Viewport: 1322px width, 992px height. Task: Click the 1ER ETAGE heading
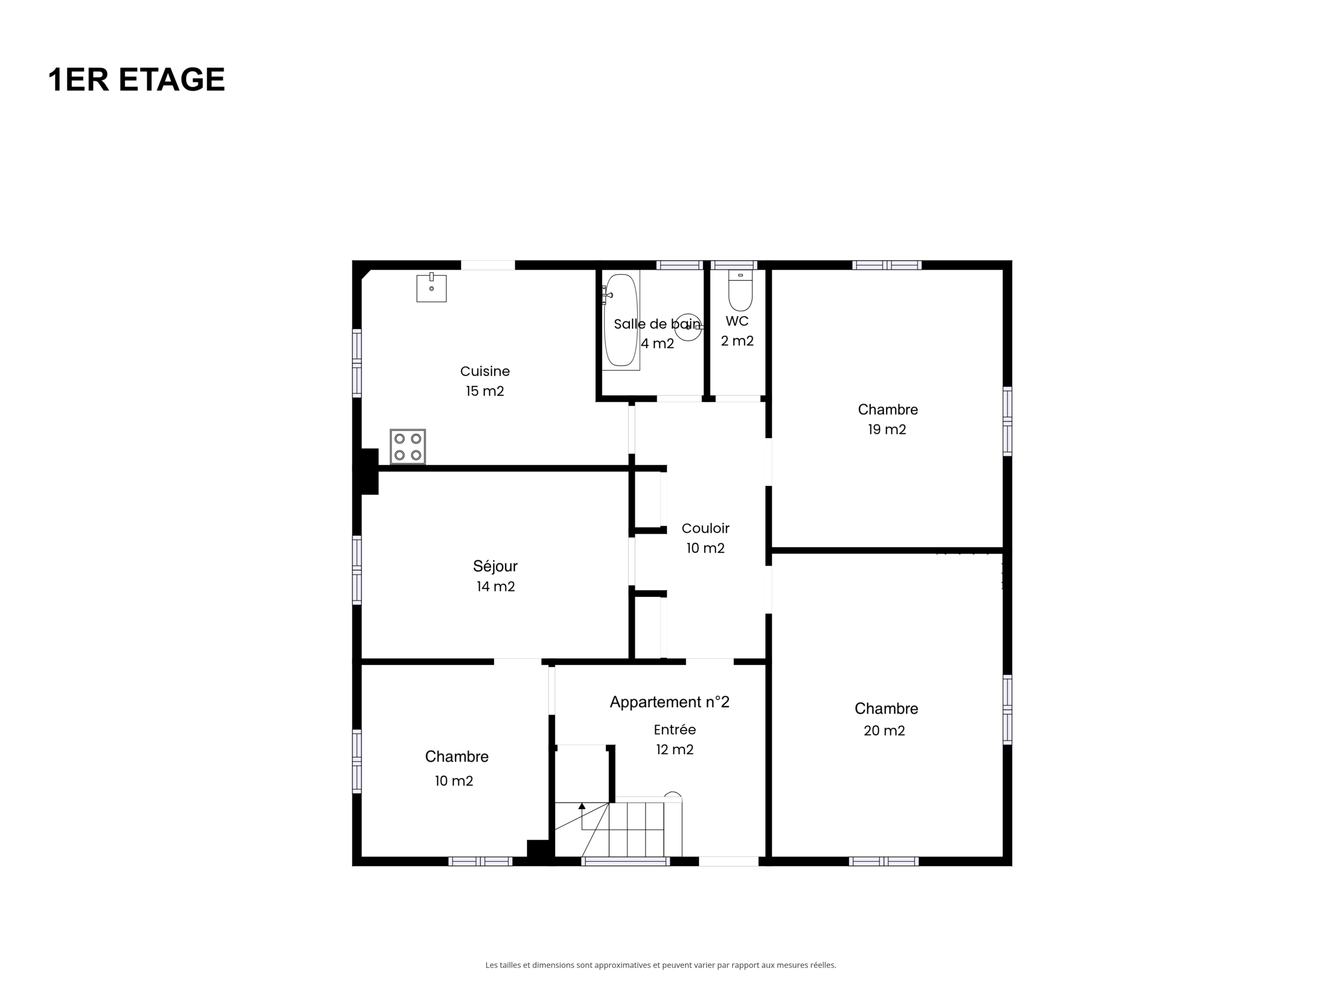(x=136, y=80)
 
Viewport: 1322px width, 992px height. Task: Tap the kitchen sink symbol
(x=432, y=288)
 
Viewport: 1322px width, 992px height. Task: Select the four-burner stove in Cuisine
(x=407, y=447)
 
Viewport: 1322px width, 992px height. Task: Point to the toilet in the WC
(x=741, y=290)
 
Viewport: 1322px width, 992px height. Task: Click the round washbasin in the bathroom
(x=688, y=327)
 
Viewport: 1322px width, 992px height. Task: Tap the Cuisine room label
(x=485, y=371)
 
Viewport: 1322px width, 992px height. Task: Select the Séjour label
(x=495, y=566)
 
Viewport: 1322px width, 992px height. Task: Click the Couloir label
(x=705, y=529)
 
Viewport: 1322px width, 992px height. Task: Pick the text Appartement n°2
(x=669, y=702)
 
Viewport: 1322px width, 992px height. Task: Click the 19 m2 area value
(x=887, y=429)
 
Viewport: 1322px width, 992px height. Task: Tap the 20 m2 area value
(x=885, y=730)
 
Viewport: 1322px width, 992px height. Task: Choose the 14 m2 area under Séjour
(x=495, y=586)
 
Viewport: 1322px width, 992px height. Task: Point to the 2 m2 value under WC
(x=737, y=341)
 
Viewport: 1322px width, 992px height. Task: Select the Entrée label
(x=675, y=730)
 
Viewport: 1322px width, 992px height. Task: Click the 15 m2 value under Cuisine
(x=485, y=391)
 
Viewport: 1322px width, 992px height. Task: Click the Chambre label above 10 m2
(x=457, y=756)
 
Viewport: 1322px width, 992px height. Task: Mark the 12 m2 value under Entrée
(x=675, y=750)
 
